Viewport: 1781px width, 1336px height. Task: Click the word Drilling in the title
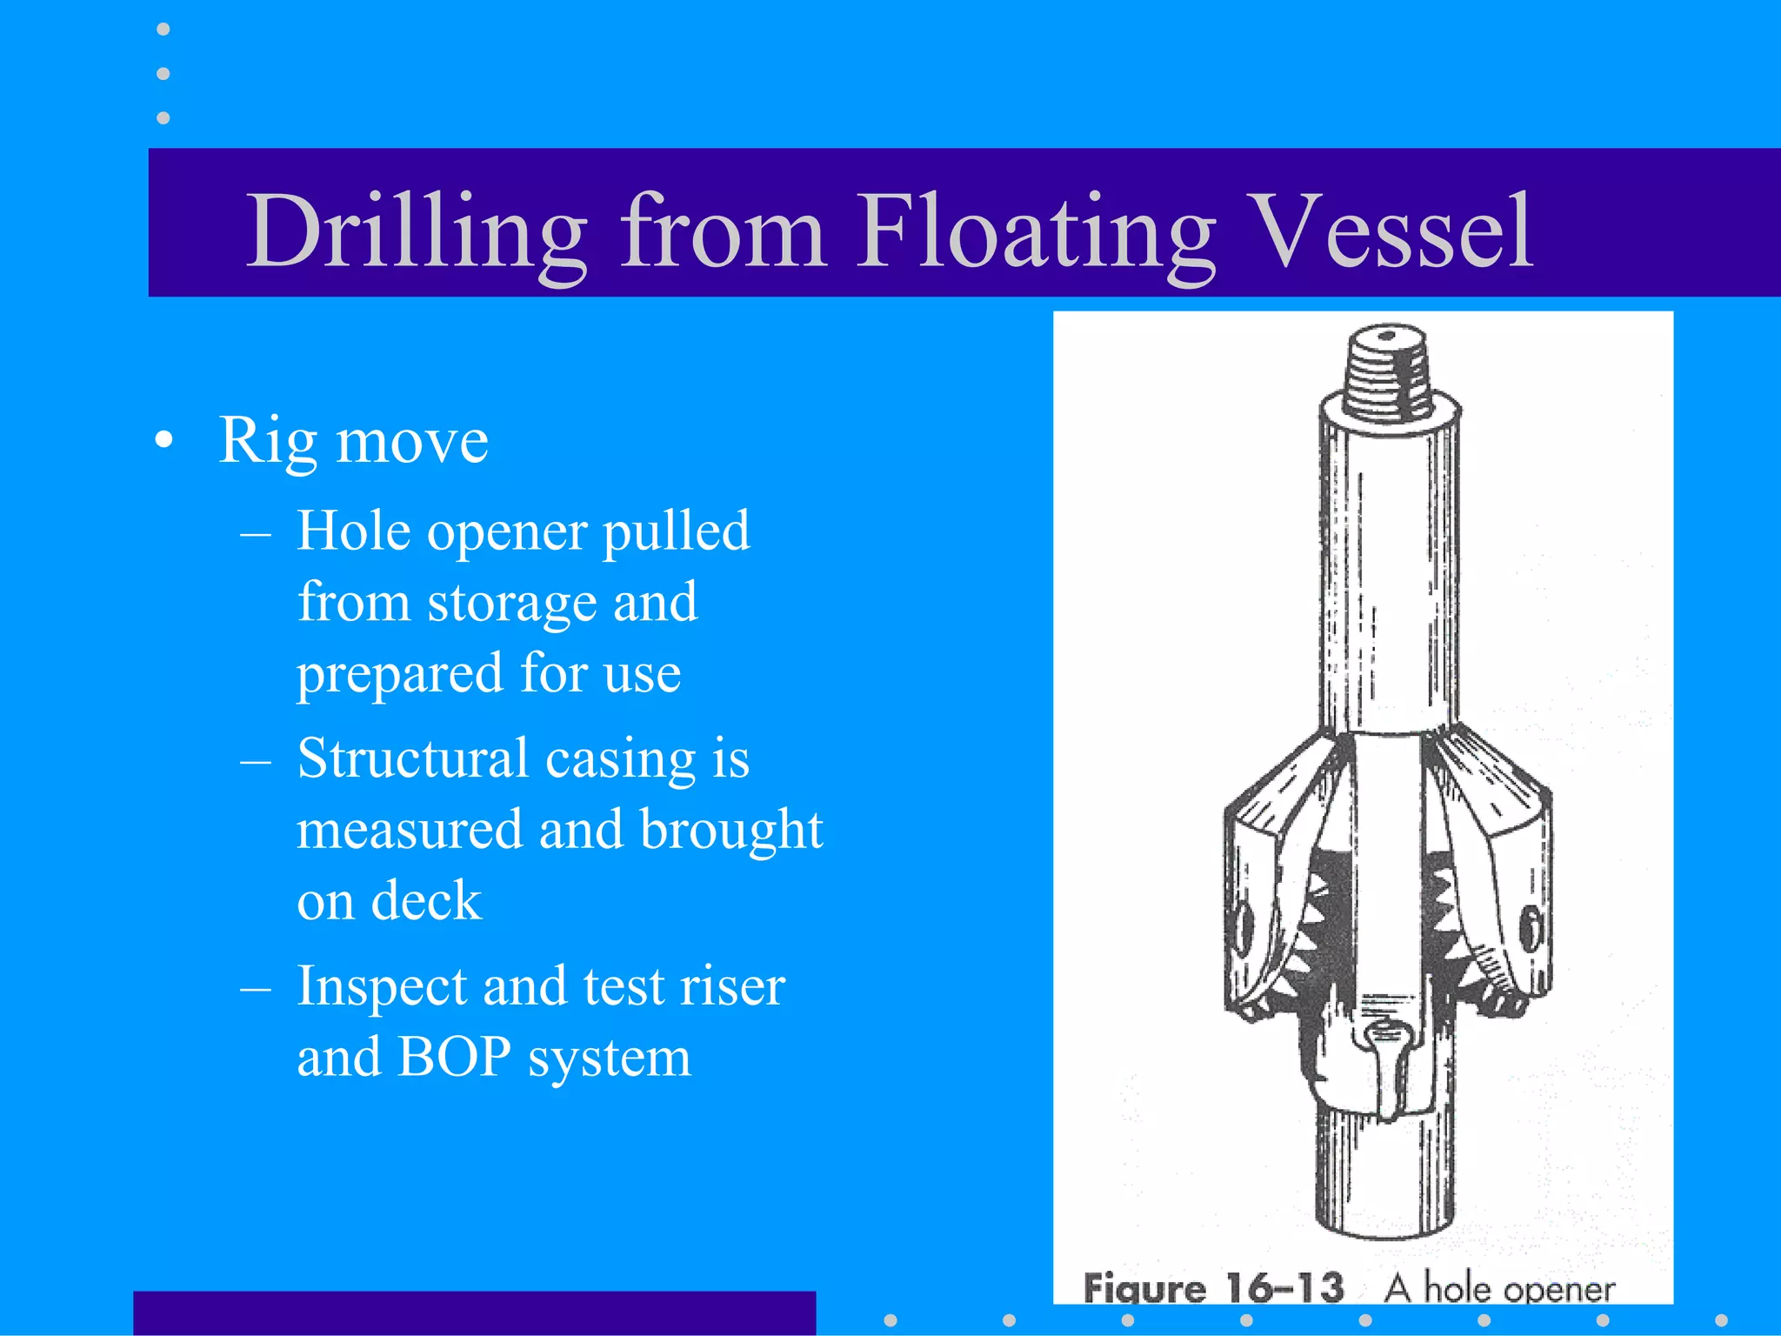tap(417, 232)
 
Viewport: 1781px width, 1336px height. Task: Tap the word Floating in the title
tap(1036, 232)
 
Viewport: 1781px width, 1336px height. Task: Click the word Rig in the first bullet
tap(267, 442)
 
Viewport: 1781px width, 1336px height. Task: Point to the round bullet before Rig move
tap(163, 440)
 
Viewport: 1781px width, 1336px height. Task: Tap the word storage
tap(511, 603)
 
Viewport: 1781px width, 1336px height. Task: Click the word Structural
tap(412, 758)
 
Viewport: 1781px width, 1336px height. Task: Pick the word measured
tap(409, 830)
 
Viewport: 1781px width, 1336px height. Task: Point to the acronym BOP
tap(454, 1058)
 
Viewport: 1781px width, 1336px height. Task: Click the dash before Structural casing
tap(255, 760)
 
